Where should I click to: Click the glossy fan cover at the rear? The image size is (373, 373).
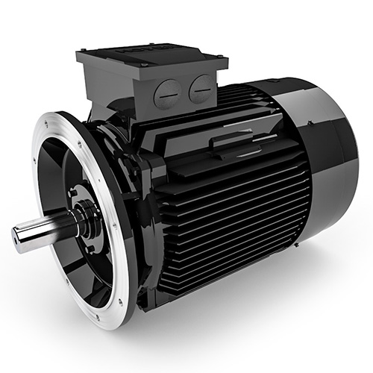(328, 164)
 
